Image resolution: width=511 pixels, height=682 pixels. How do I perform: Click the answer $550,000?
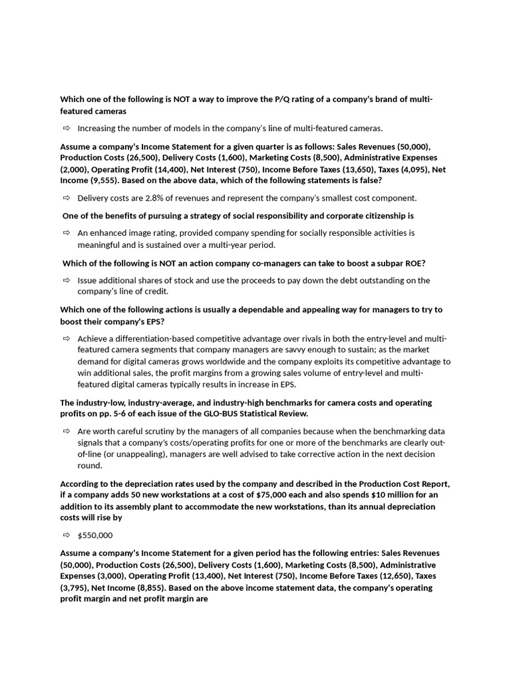pyautogui.click(x=95, y=535)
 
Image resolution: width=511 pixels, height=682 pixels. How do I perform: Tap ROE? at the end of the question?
pyautogui.click(x=415, y=263)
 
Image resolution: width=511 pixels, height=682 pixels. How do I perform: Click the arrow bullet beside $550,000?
pyautogui.click(x=67, y=535)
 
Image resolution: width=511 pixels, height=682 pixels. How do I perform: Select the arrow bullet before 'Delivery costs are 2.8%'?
pyautogui.click(x=67, y=198)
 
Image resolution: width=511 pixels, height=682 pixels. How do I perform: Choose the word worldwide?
pyautogui.click(x=199, y=362)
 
